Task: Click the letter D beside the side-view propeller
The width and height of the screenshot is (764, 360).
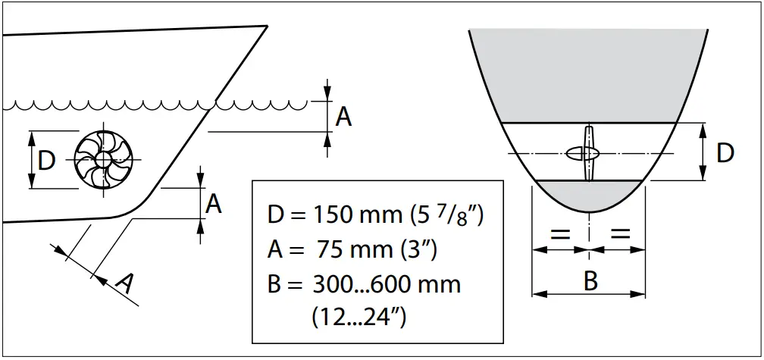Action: [x=46, y=161]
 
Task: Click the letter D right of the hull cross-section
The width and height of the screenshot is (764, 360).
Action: [x=725, y=153]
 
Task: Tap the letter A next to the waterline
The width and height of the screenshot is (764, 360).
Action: [x=343, y=117]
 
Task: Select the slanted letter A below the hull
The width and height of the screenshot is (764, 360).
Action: [x=126, y=283]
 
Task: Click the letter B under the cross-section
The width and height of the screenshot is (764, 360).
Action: [x=590, y=281]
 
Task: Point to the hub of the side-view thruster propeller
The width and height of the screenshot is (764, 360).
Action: [x=103, y=159]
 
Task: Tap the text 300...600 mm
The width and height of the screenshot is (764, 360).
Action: [x=387, y=284]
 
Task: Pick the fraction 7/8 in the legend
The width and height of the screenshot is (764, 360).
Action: [x=458, y=214]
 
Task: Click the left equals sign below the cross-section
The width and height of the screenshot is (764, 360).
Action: [x=560, y=234]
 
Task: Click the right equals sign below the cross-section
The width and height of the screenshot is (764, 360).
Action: [x=620, y=234]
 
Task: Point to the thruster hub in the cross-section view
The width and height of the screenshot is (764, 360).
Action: [x=582, y=153]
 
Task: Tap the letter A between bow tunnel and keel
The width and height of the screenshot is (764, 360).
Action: [x=213, y=204]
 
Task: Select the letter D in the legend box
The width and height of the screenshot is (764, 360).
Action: [x=276, y=214]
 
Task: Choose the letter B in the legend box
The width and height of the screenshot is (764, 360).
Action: [x=275, y=284]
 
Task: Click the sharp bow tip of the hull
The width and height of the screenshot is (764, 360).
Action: [x=268, y=26]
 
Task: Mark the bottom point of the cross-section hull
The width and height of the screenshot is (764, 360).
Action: [x=590, y=212]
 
